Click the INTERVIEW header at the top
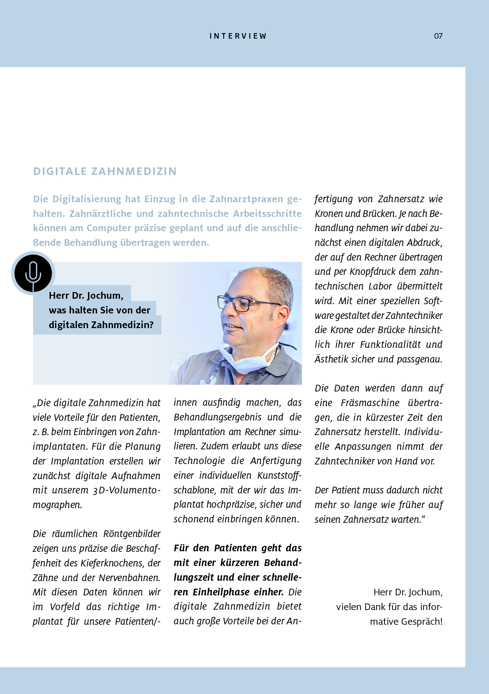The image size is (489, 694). tap(238, 36)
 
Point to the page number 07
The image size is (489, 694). tap(438, 36)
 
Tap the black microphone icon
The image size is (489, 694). tap(33, 273)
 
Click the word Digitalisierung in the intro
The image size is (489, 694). tap(87, 199)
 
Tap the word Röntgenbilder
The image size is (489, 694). tap(132, 534)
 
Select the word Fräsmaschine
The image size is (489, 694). tap(370, 403)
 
